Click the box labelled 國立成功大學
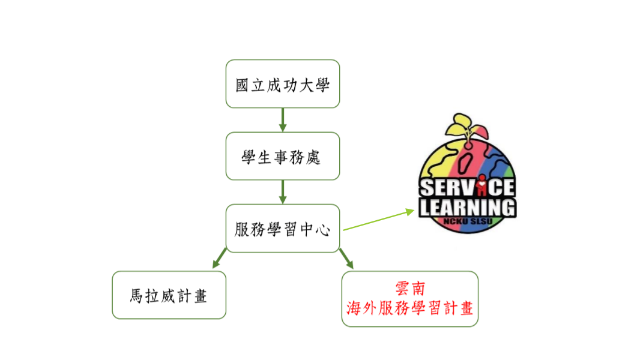[283, 84]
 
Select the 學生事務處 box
[283, 156]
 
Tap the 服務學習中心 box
[283, 229]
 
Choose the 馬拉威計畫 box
[169, 295]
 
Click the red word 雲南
[410, 289]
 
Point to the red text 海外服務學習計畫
[410, 308]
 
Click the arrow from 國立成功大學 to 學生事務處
[283, 120]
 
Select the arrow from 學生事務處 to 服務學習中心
[283, 192]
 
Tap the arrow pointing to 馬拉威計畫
[219, 258]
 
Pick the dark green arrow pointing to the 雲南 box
[346, 259]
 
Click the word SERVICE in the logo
[467, 188]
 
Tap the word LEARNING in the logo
[468, 208]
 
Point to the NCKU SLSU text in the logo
[468, 221]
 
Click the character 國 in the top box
[242, 85]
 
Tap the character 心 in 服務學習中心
[322, 230]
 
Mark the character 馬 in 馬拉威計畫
[136, 296]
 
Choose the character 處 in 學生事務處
[313, 157]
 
